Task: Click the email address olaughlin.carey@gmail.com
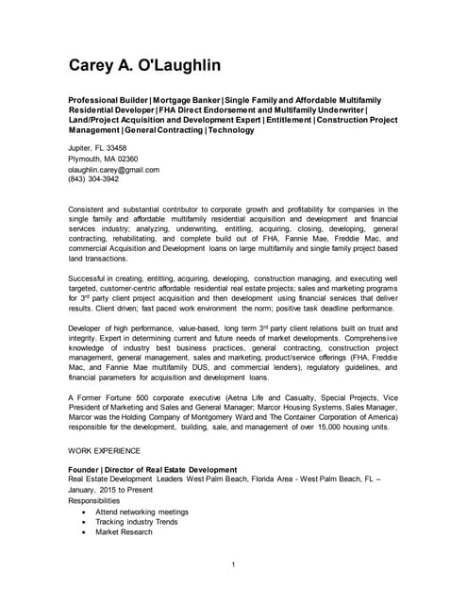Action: pyautogui.click(x=113, y=170)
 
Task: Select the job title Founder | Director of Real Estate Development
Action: pyautogui.click(x=152, y=469)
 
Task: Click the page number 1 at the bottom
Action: pyautogui.click(x=233, y=564)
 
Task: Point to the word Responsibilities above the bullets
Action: pyautogui.click(x=101, y=500)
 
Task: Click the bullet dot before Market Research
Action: pyautogui.click(x=86, y=531)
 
